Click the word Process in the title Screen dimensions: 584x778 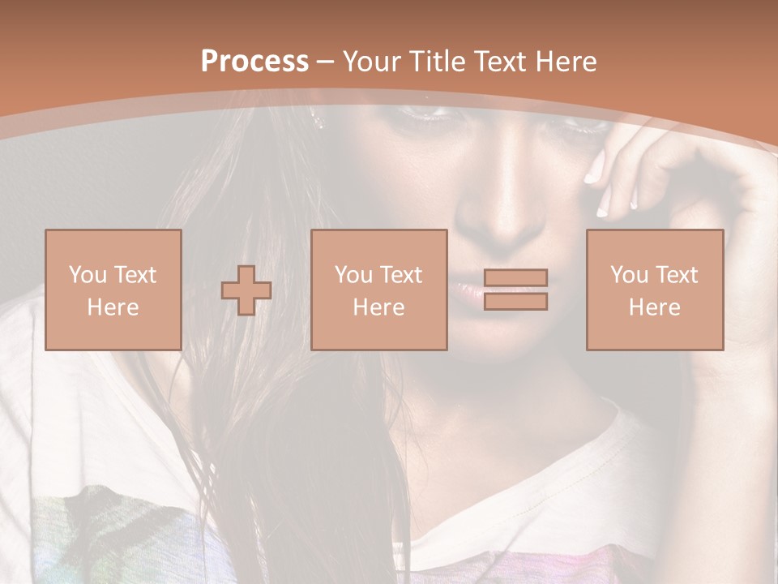pyautogui.click(x=254, y=62)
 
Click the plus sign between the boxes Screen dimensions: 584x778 pyautogui.click(x=246, y=290)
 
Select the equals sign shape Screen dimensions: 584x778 pyautogui.click(x=515, y=290)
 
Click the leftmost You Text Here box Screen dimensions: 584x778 pyautogui.click(x=113, y=290)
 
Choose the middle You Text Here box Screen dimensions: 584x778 pyautogui.click(x=378, y=290)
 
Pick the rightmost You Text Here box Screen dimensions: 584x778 pyautogui.click(x=654, y=290)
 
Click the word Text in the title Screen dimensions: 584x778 pyautogui.click(x=498, y=62)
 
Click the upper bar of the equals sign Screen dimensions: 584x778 pyautogui.click(x=515, y=277)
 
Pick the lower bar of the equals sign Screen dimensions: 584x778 pyautogui.click(x=515, y=302)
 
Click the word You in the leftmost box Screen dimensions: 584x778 pyautogui.click(x=87, y=275)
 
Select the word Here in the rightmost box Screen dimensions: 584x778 pyautogui.click(x=654, y=307)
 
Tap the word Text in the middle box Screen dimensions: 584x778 pyautogui.click(x=401, y=275)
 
